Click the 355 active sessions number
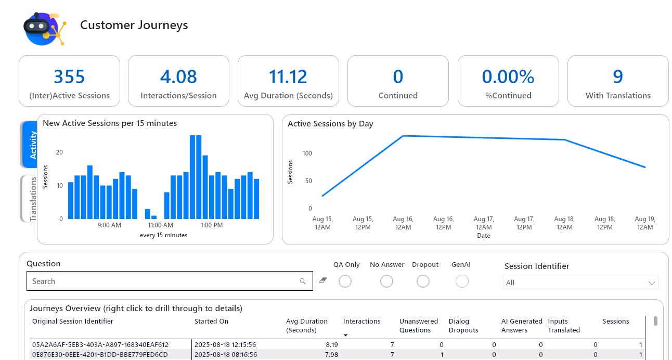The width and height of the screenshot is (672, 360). pyautogui.click(x=69, y=77)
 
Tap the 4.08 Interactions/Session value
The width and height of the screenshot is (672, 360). pyautogui.click(x=178, y=77)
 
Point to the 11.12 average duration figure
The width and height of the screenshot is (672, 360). pyautogui.click(x=288, y=77)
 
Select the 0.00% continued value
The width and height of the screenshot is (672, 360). pyautogui.click(x=508, y=77)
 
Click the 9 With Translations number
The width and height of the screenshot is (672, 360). pyautogui.click(x=617, y=77)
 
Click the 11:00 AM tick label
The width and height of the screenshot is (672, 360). pyautogui.click(x=160, y=225)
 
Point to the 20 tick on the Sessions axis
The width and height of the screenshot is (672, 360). pyautogui.click(x=59, y=152)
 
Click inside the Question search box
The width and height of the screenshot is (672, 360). pyautogui.click(x=164, y=281)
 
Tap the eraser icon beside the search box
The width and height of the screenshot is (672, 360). pyautogui.click(x=323, y=280)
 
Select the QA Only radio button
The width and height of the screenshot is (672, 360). pyautogui.click(x=345, y=281)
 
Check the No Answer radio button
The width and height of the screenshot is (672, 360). pyautogui.click(x=386, y=281)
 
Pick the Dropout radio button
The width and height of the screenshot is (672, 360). pyautogui.click(x=423, y=281)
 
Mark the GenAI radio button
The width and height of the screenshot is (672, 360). pyautogui.click(x=462, y=281)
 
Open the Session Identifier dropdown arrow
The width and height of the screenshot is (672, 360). pyautogui.click(x=652, y=283)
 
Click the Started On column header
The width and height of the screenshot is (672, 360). pyautogui.click(x=211, y=322)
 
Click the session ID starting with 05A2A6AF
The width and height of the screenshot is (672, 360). pyautogui.click(x=100, y=344)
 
